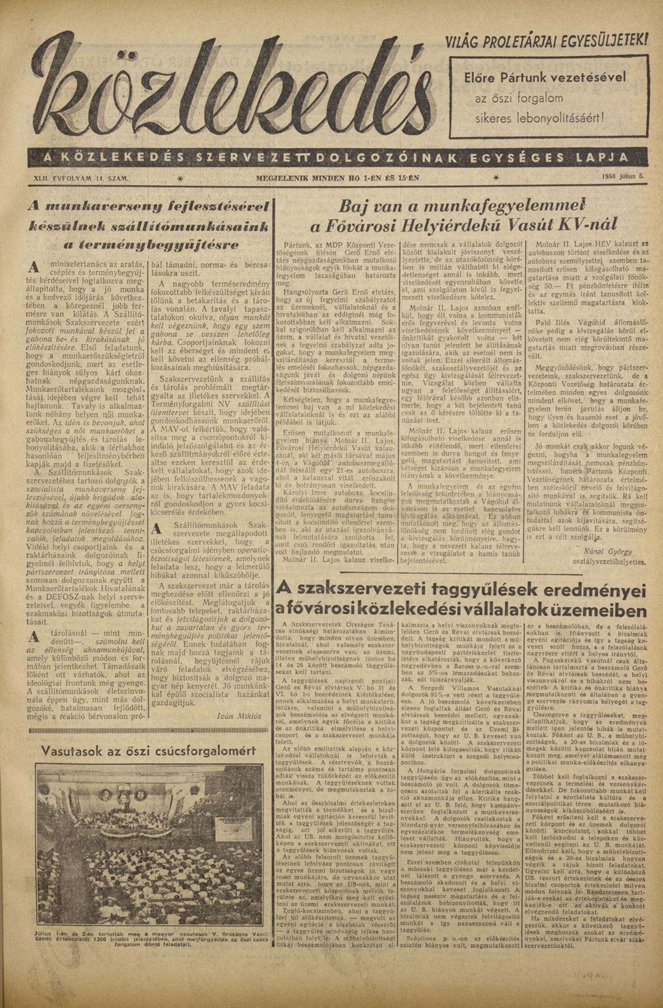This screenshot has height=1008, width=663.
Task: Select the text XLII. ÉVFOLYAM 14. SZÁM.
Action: point(81,178)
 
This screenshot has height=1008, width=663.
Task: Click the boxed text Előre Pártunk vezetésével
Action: point(545,78)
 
